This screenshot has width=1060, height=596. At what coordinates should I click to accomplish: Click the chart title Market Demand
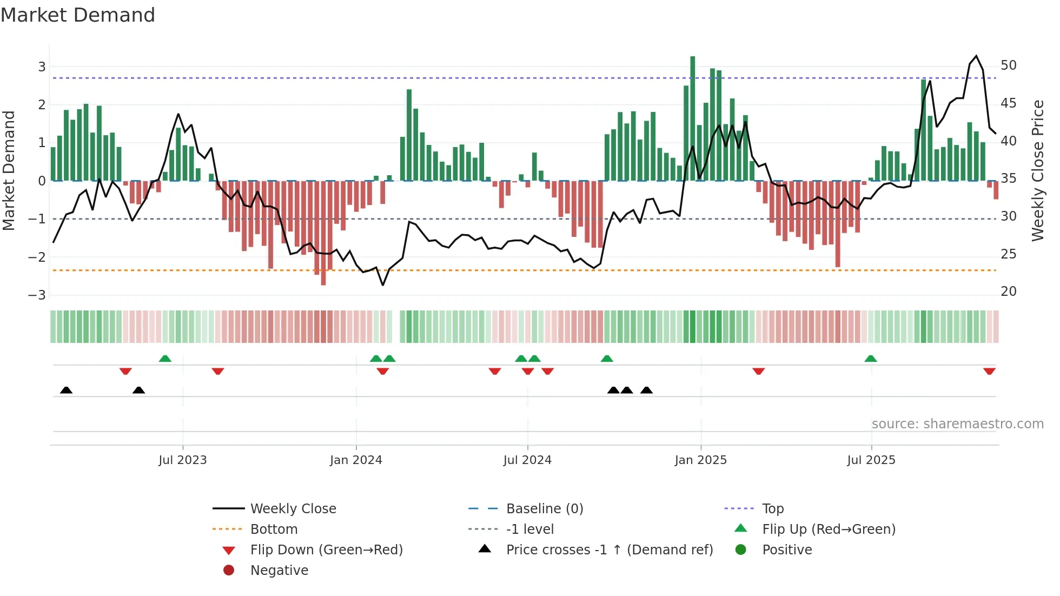pos(78,15)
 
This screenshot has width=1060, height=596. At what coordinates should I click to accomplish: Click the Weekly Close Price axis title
pos(1037,170)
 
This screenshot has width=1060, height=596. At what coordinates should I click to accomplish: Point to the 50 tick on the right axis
pos(1008,65)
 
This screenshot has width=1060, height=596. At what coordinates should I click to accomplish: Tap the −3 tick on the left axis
pos(37,295)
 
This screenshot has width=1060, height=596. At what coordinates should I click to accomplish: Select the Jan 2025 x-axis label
pos(700,460)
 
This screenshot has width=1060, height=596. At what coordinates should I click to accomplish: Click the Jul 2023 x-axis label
pos(183,460)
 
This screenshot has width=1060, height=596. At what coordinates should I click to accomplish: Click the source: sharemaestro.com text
pos(957,424)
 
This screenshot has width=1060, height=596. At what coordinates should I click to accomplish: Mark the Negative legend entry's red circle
pos(229,571)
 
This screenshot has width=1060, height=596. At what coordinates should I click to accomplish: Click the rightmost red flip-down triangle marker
pos(989,371)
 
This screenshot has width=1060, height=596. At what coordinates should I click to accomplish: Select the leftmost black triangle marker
pos(66,390)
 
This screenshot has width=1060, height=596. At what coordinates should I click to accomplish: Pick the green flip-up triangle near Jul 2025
pos(870,359)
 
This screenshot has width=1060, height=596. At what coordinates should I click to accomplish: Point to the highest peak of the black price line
pos(976,56)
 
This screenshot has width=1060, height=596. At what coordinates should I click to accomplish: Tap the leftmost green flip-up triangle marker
pos(165,359)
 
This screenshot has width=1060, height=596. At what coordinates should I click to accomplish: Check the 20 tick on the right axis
pos(1008,292)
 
